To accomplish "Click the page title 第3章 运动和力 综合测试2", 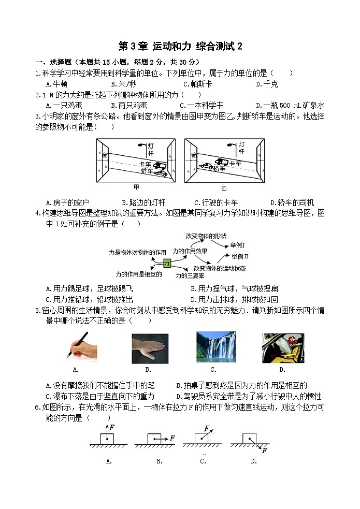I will (x=180, y=46).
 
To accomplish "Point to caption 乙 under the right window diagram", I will (x=224, y=187).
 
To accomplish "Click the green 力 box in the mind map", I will (x=167, y=263).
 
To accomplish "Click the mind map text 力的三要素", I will (x=189, y=275).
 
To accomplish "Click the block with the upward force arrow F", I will (x=107, y=438).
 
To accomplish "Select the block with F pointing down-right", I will (x=249, y=438).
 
